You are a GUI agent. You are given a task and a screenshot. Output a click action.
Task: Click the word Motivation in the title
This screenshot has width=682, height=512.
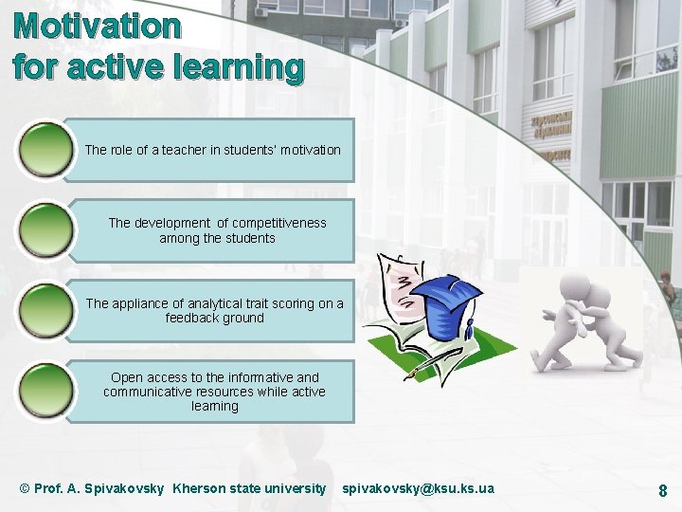pyautogui.click(x=98, y=26)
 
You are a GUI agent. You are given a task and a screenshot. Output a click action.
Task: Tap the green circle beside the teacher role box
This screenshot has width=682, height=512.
pyautogui.click(x=45, y=150)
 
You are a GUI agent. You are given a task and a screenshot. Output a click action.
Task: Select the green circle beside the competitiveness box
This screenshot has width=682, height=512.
pyautogui.click(x=45, y=230)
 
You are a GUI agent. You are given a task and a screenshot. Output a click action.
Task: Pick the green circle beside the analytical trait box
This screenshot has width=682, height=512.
pyautogui.click(x=45, y=311)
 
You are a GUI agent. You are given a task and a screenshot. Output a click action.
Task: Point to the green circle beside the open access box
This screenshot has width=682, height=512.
pyautogui.click(x=45, y=392)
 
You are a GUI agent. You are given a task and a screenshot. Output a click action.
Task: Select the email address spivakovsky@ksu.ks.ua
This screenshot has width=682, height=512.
pyautogui.click(x=418, y=488)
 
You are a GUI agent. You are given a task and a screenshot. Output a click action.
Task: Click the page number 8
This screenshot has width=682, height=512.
pyautogui.click(x=663, y=490)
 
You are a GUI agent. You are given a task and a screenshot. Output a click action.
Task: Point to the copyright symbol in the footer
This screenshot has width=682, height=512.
pyautogui.click(x=25, y=488)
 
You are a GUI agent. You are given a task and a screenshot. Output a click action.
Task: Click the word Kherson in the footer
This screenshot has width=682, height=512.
pyautogui.click(x=199, y=488)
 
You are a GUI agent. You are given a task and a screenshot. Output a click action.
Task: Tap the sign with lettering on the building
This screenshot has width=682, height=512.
pyautogui.click(x=550, y=130)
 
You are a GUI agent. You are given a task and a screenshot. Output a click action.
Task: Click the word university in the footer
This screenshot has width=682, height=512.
pyautogui.click(x=294, y=488)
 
